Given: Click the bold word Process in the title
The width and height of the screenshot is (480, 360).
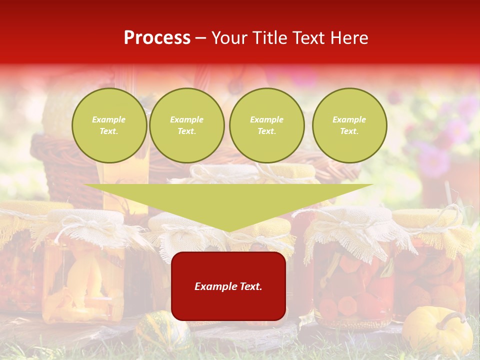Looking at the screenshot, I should (x=157, y=38).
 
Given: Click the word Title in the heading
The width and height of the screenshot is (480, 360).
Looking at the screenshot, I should (x=269, y=38).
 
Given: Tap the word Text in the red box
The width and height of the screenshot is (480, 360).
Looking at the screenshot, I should (x=251, y=286).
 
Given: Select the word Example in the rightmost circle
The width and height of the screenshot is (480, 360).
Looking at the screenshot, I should (x=349, y=119).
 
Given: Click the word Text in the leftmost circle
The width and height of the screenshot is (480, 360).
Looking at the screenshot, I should (x=109, y=131).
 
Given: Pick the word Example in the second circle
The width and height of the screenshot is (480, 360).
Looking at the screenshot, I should (x=186, y=119).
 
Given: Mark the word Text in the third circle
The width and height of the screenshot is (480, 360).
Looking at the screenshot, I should (x=266, y=131).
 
